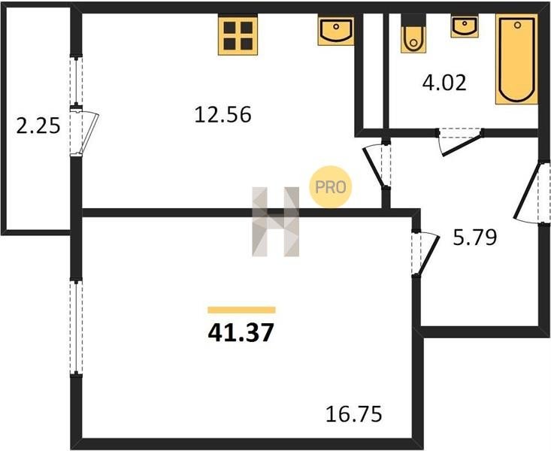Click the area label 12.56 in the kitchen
click(x=223, y=115)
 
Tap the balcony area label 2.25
click(x=38, y=126)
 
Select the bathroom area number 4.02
click(x=444, y=83)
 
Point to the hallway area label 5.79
click(x=475, y=238)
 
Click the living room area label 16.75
click(x=353, y=414)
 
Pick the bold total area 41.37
click(x=241, y=332)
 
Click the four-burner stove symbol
click(x=238, y=35)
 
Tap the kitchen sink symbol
click(x=336, y=30)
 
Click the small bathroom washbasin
click(x=465, y=26)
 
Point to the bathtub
click(x=516, y=59)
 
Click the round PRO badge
click(x=330, y=187)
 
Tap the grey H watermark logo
click(x=276, y=222)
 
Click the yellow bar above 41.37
click(x=242, y=310)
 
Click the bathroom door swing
click(x=460, y=141)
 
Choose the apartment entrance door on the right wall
click(x=531, y=192)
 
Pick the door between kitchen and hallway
click(x=377, y=165)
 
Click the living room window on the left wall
click(x=76, y=327)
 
